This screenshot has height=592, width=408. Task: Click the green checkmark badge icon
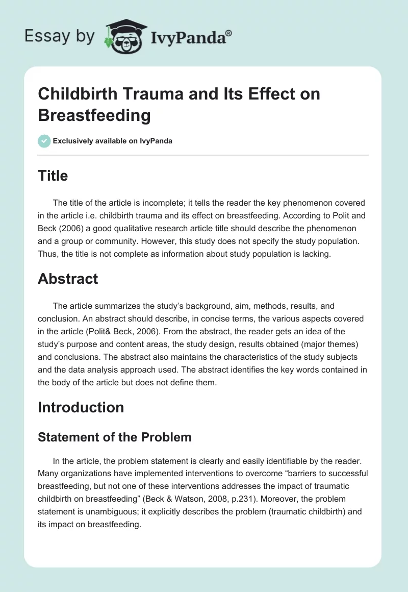pyautogui.click(x=44, y=141)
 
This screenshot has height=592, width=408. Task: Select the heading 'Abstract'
pyautogui.click(x=68, y=279)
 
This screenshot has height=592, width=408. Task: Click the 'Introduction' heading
pyautogui.click(x=81, y=407)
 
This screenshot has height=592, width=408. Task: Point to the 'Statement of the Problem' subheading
pyautogui.click(x=115, y=437)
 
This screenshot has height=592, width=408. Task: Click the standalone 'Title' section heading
pyautogui.click(x=53, y=176)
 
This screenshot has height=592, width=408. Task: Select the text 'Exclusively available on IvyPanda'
pyautogui.click(x=113, y=141)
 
